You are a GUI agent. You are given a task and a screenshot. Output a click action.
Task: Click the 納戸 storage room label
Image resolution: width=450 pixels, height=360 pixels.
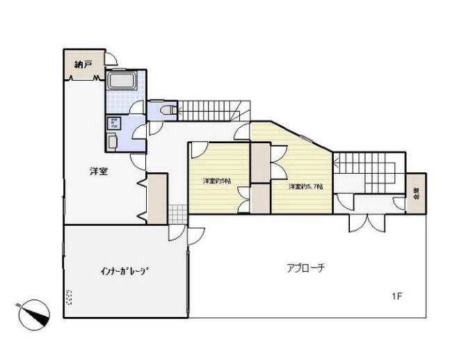pyautogui.click(x=83, y=64)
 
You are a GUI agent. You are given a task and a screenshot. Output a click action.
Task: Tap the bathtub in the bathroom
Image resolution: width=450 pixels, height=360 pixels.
pyautogui.click(x=122, y=83)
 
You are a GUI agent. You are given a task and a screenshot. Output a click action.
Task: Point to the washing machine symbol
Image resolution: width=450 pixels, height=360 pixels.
pyautogui.click(x=113, y=124)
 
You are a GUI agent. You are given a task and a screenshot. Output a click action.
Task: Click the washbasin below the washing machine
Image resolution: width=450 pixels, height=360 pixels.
pyautogui.click(x=113, y=142)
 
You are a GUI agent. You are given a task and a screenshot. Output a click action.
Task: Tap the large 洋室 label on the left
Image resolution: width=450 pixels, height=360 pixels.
pyautogui.click(x=98, y=171)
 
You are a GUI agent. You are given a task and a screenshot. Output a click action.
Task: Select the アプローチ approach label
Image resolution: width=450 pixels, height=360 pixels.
pyautogui.click(x=306, y=268)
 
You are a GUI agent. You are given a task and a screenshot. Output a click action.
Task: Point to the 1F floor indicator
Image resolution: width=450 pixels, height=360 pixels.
pyautogui.click(x=396, y=297)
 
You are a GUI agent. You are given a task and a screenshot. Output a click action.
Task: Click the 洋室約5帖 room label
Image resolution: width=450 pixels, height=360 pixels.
pyautogui.click(x=217, y=181)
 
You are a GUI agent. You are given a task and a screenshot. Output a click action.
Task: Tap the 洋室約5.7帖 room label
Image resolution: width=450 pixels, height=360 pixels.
pyautogui.click(x=305, y=186)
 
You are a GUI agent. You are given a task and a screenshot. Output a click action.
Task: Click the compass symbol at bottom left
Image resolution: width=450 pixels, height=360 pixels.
pyautogui.click(x=33, y=312)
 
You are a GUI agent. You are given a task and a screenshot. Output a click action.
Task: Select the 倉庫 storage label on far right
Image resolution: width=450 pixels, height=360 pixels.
pyautogui.click(x=415, y=194)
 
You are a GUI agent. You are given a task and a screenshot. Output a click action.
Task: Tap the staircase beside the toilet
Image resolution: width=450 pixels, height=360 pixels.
pyautogui.click(x=209, y=109)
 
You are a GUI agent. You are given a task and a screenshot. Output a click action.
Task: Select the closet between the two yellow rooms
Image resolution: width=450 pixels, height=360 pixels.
pyautogui.click(x=260, y=178)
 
